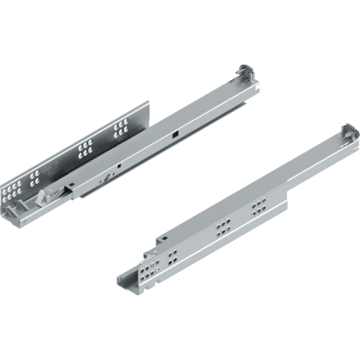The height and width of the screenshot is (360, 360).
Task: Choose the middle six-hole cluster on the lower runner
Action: [223, 228]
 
